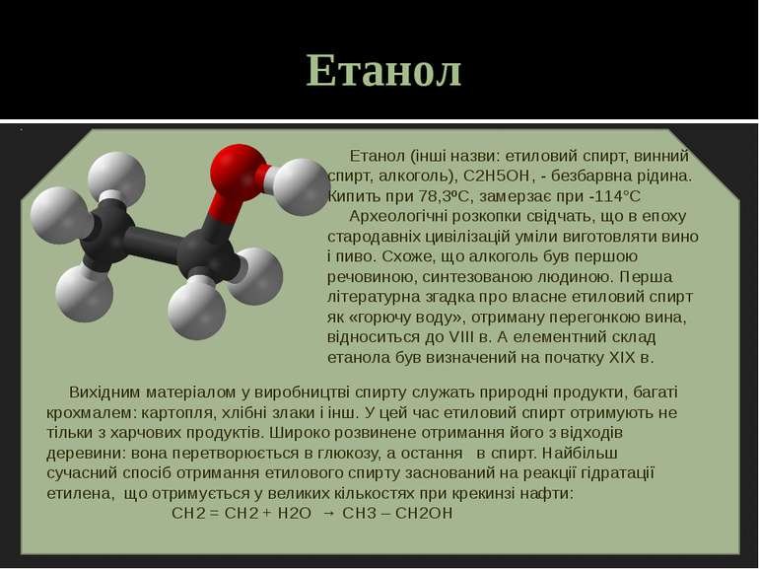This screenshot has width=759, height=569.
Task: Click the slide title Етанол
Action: (383, 71)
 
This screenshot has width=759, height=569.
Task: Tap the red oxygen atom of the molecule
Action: (238, 169)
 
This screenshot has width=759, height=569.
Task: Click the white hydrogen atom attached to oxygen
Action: (300, 185)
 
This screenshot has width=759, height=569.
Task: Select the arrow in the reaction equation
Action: (329, 514)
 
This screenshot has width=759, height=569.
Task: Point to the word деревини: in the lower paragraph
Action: (82, 453)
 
